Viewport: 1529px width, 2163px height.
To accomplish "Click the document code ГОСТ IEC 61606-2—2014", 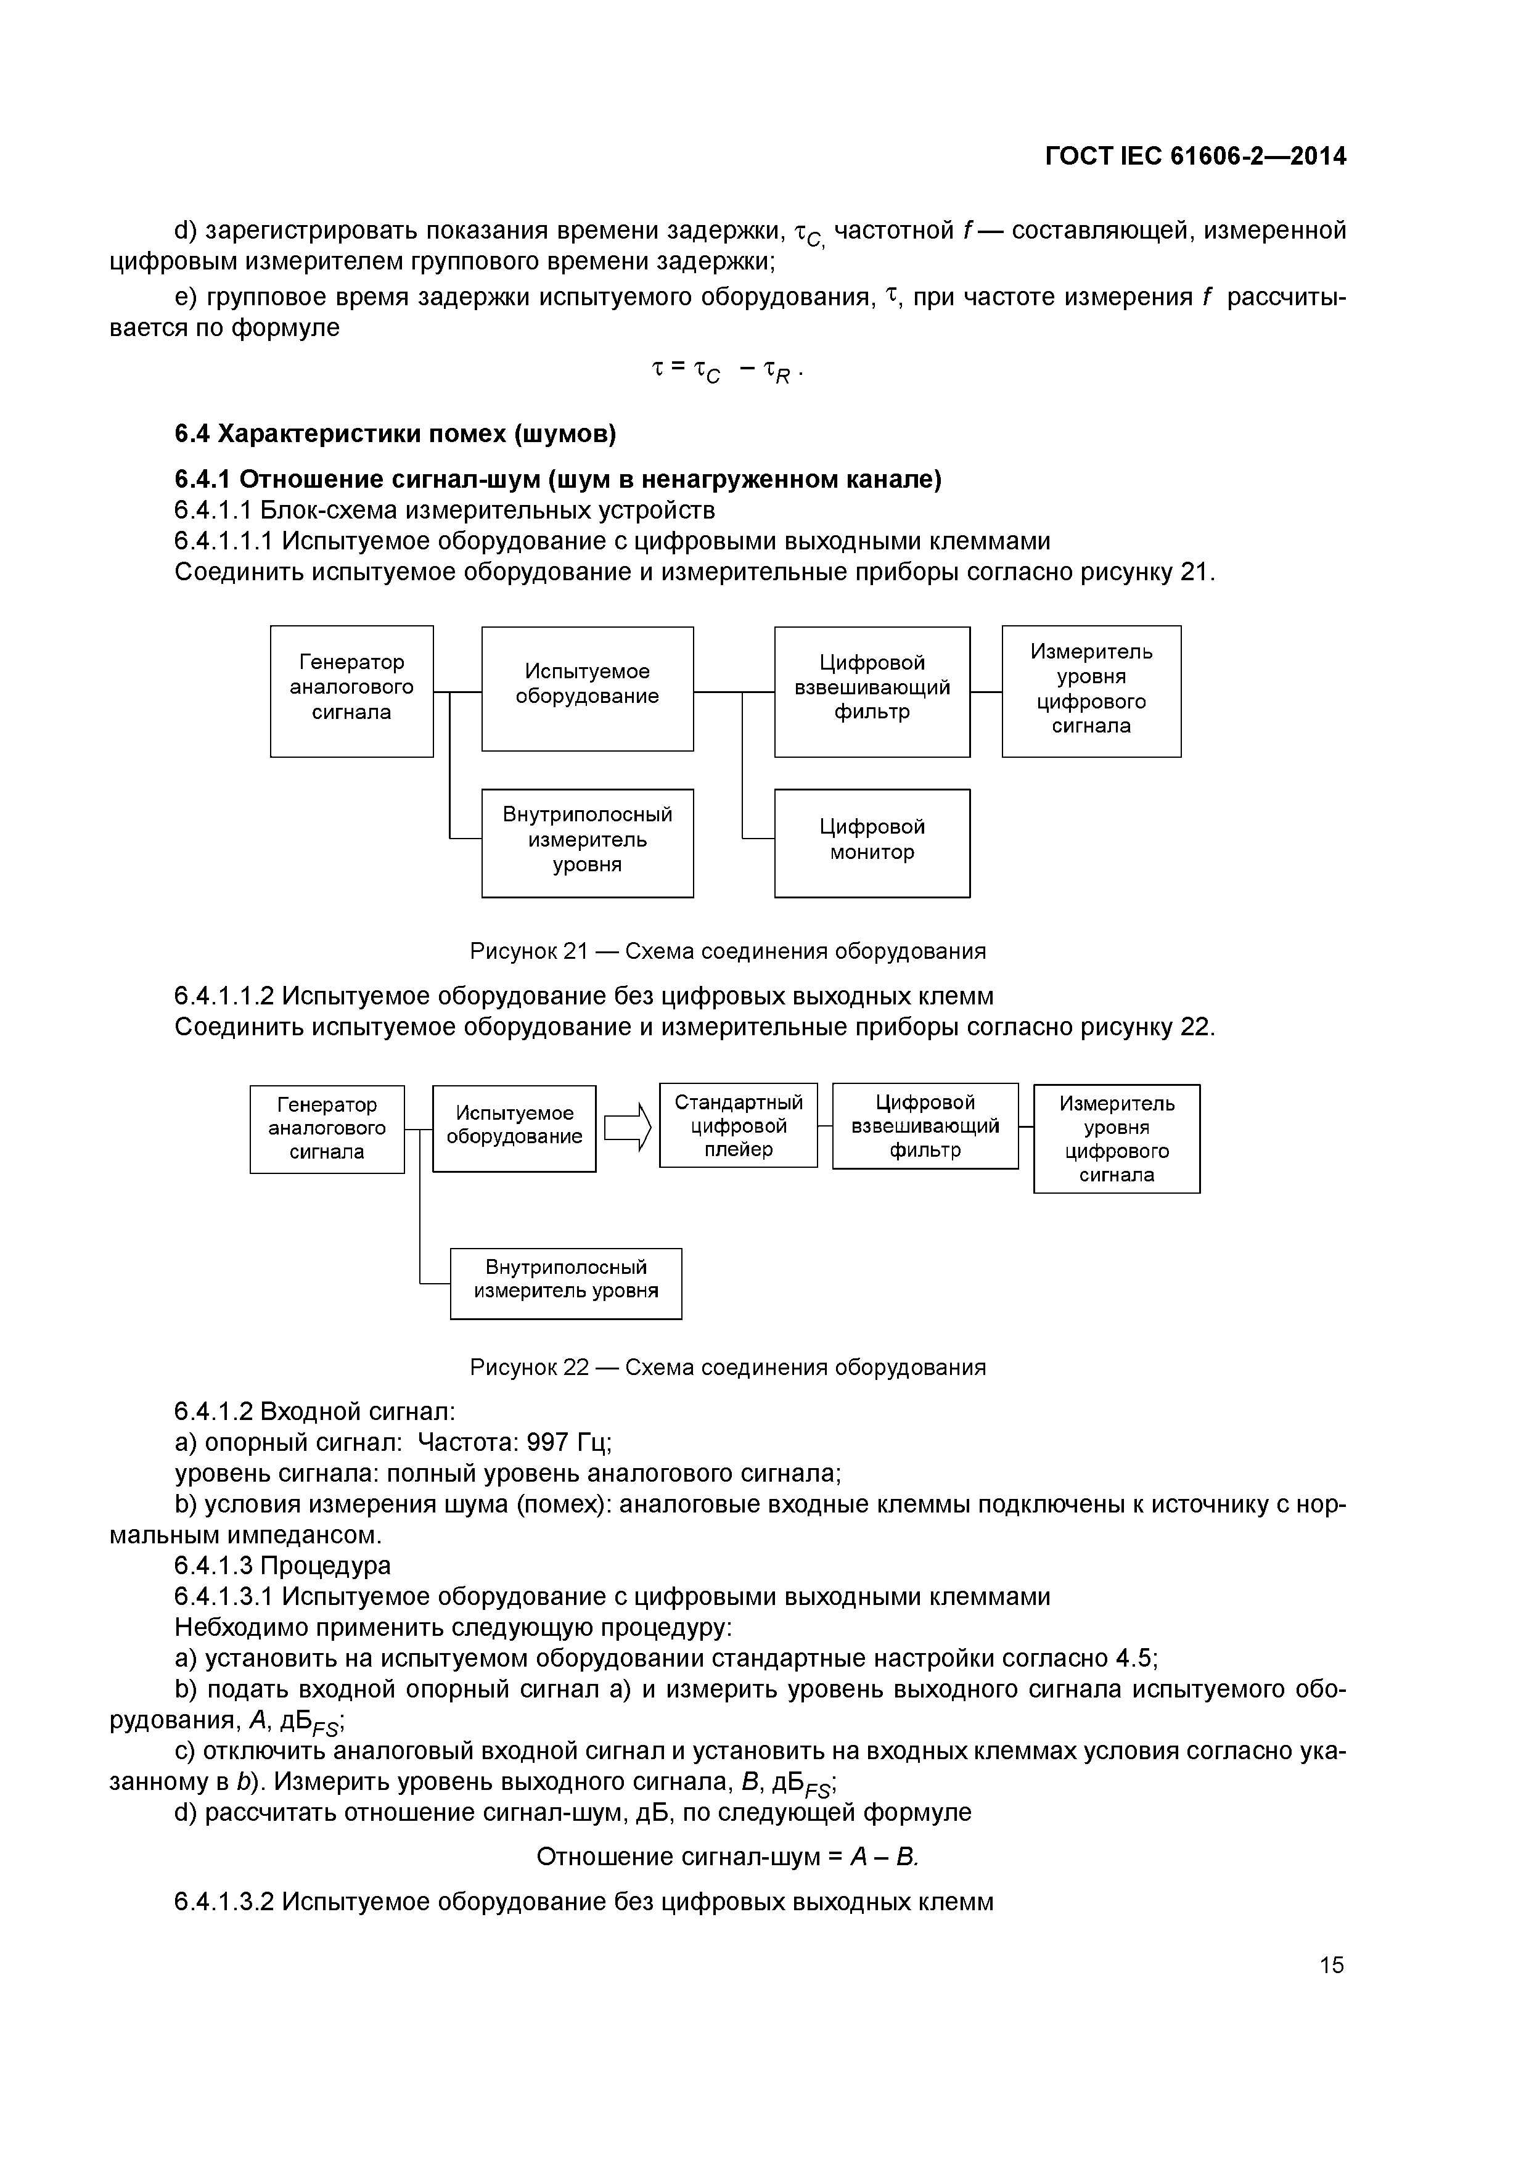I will click(1195, 157).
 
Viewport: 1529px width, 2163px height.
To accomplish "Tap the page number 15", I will click(1331, 1964).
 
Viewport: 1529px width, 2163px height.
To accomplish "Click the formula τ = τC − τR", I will click(726, 369).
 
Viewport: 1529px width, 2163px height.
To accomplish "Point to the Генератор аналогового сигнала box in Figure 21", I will click(351, 691).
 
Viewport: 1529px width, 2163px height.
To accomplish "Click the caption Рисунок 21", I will click(728, 951).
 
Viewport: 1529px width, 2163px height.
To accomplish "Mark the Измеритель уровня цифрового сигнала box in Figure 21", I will click(1091, 691).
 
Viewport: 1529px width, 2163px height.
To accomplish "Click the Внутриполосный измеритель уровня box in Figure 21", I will click(587, 842).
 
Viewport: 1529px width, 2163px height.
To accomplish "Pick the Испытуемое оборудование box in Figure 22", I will click(514, 1128).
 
